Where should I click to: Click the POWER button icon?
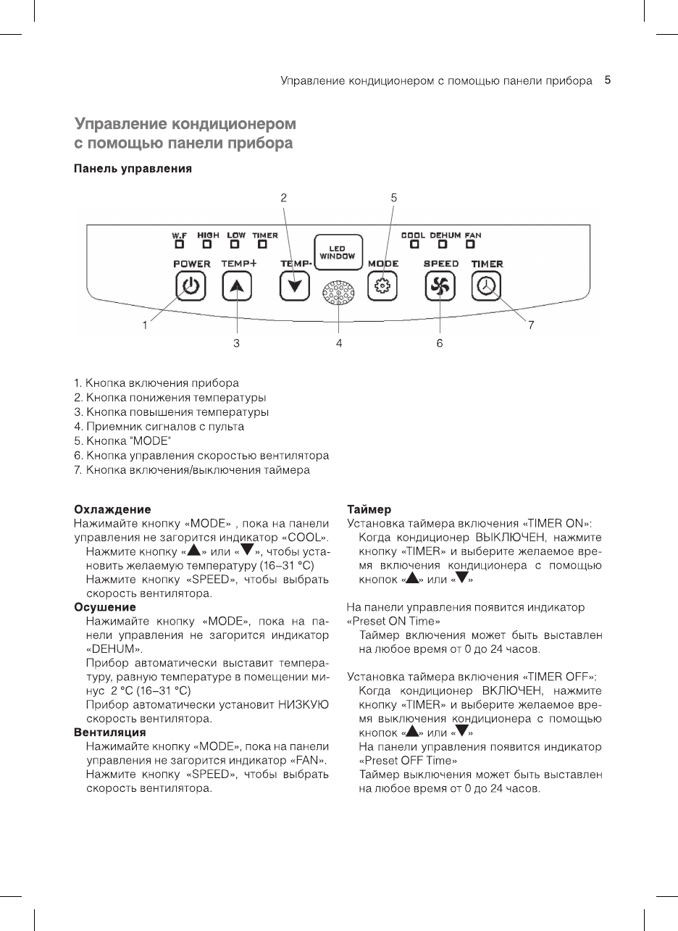tap(190, 287)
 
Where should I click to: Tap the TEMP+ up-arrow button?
tap(236, 287)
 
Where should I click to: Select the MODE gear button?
tap(382, 287)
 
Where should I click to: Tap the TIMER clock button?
tap(487, 287)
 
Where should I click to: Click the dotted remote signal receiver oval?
tap(338, 293)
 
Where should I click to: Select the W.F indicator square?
tap(179, 244)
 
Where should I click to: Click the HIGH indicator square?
tap(207, 244)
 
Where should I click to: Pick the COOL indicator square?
tap(413, 244)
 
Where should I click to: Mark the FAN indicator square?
tap(472, 244)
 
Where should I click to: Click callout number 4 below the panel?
tap(339, 343)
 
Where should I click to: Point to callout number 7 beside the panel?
tap(530, 325)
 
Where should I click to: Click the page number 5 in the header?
tap(608, 80)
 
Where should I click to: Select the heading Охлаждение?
tap(113, 509)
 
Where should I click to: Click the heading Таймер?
tap(369, 509)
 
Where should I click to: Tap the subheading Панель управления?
tap(133, 170)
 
